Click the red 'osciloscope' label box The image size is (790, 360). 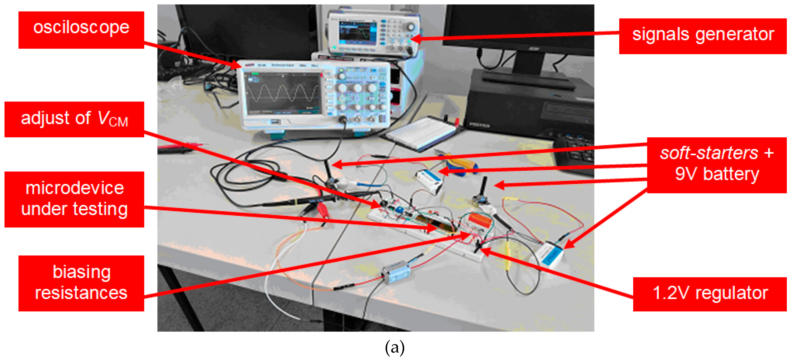pos(81,30)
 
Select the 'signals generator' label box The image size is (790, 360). pos(703,36)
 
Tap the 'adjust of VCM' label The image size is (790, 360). pos(74,119)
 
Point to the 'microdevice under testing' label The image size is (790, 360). pos(74,199)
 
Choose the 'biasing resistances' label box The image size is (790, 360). pos(81,283)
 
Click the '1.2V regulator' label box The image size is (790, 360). pos(710,294)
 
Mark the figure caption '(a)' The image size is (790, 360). pos(395,347)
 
